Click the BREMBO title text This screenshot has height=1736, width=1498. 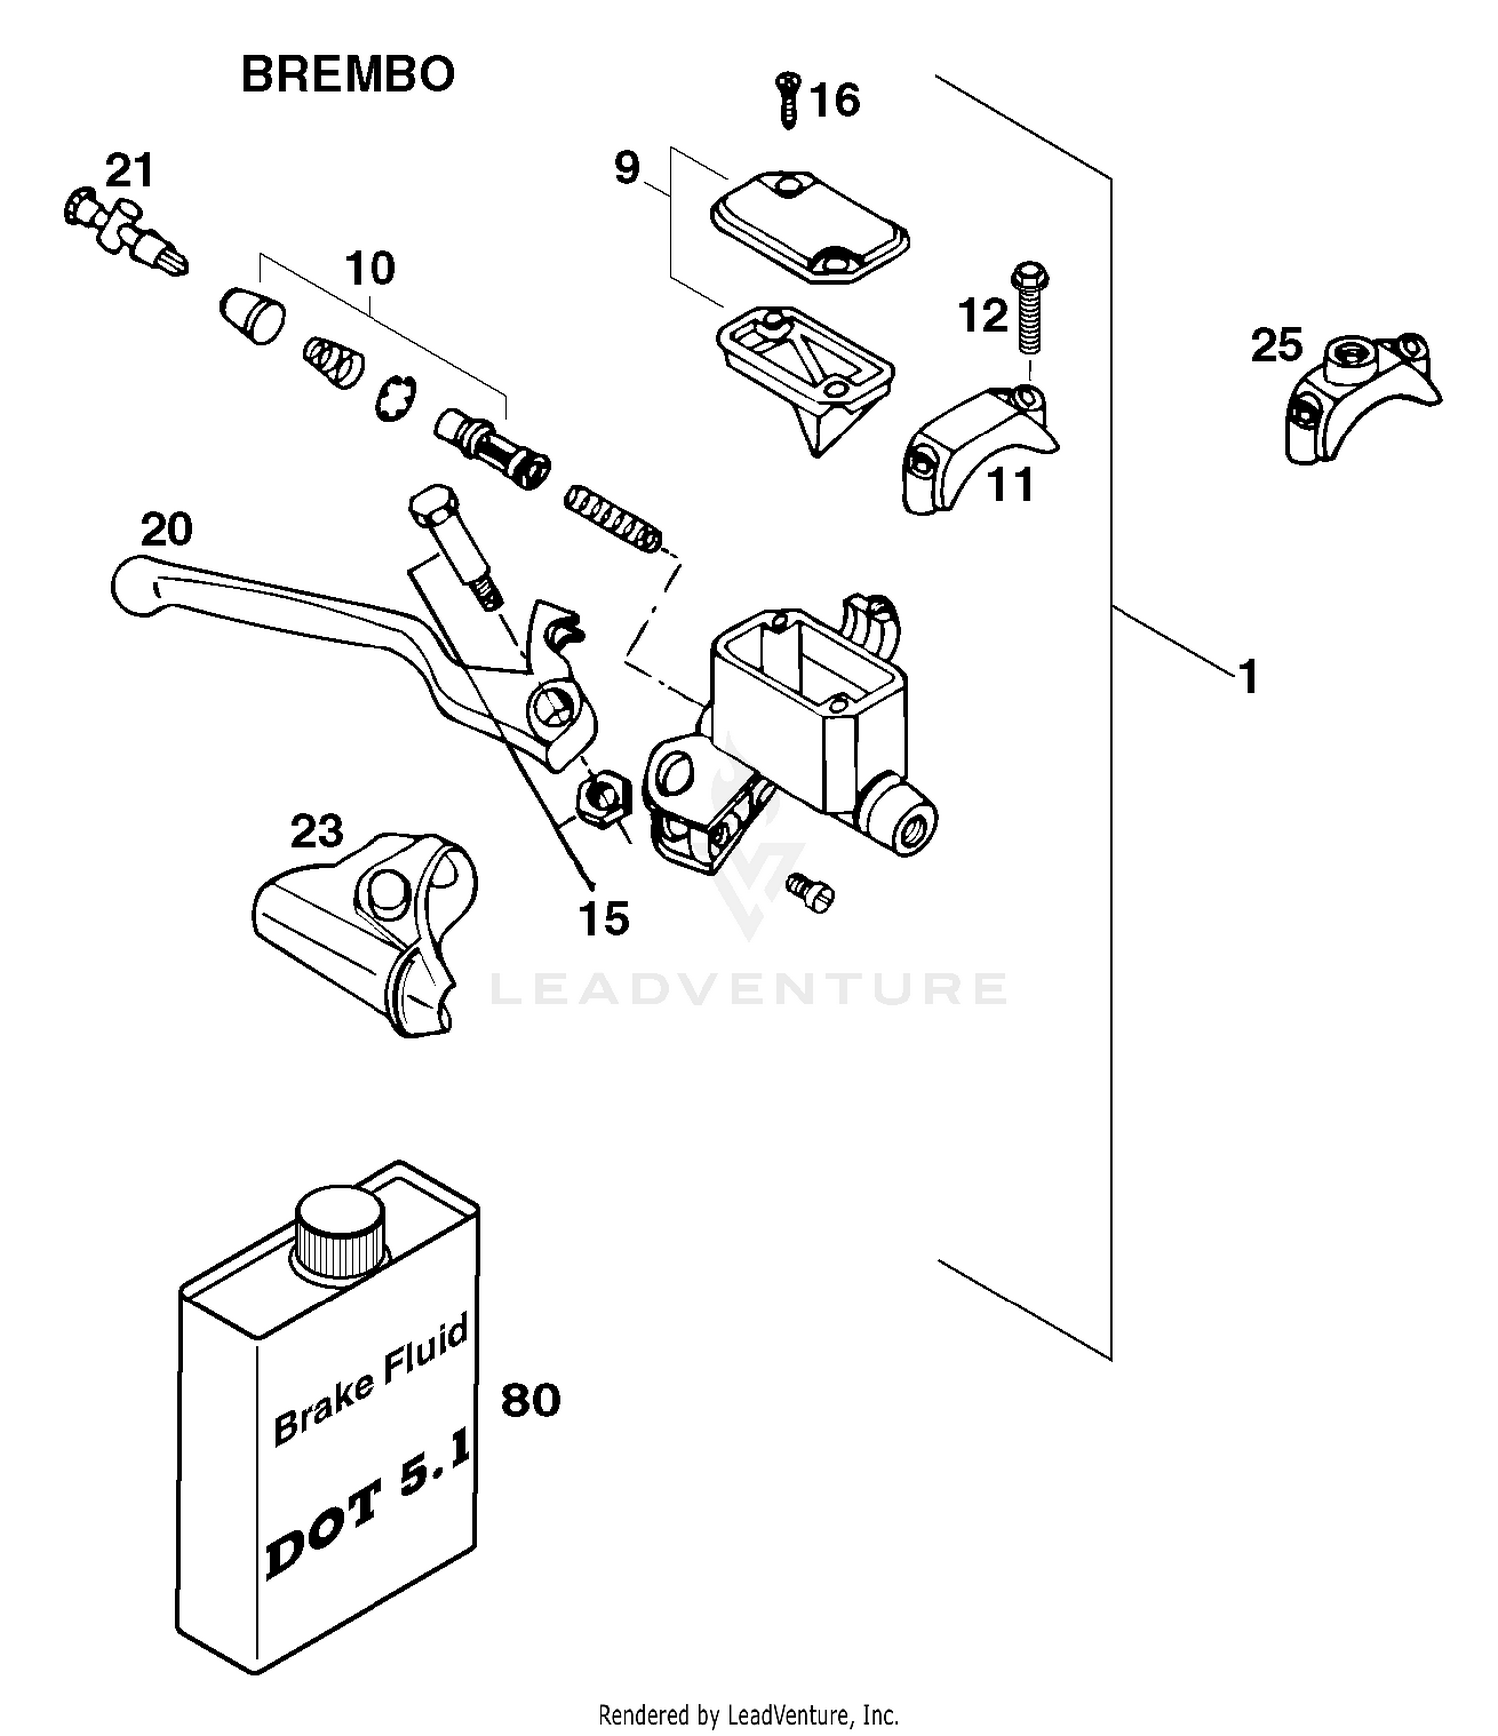(348, 75)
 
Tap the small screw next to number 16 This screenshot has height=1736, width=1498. (789, 99)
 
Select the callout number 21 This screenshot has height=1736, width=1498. (130, 171)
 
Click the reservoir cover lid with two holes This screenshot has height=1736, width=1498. (809, 225)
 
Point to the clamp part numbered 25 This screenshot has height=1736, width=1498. (1358, 399)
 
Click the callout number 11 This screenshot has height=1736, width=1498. (1010, 486)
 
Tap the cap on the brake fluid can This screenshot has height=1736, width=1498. (340, 1230)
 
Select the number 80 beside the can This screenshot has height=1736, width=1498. (530, 1400)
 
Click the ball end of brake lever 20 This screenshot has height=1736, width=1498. (134, 586)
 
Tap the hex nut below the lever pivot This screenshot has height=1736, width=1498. (603, 798)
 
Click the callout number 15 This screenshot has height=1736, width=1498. (604, 918)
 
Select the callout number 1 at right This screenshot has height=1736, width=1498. (1248, 677)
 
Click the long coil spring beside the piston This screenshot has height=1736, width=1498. (613, 518)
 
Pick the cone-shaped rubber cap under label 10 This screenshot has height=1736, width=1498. (252, 314)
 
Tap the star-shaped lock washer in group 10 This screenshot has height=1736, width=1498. (396, 397)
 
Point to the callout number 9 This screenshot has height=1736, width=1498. (626, 168)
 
